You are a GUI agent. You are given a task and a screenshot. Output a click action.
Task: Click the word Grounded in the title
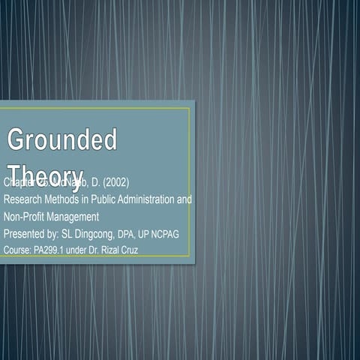coord(61,139)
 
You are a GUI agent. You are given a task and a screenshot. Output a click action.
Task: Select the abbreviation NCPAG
coord(166,234)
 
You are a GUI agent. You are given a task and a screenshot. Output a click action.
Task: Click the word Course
coord(17,250)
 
